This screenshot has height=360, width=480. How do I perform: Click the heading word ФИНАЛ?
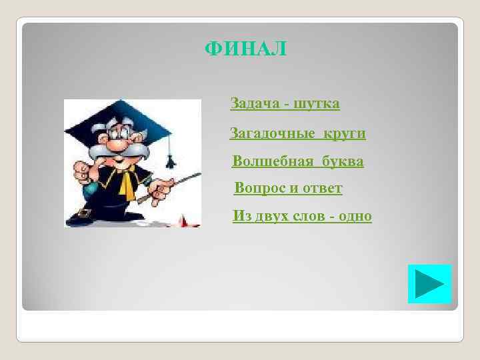(245, 49)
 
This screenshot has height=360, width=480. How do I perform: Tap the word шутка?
(317, 103)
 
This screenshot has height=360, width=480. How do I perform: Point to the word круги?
(345, 133)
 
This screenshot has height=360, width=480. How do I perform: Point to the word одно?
(355, 217)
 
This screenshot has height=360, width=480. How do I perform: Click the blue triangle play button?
(429, 284)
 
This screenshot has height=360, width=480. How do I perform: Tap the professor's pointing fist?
(81, 172)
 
